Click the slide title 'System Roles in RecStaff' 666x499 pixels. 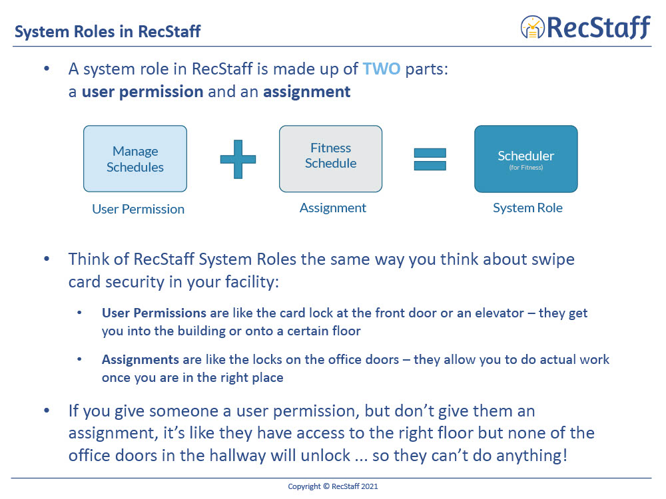tap(108, 31)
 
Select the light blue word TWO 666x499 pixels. tap(382, 69)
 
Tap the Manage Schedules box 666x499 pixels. tap(135, 159)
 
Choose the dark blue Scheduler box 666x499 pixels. tap(525, 159)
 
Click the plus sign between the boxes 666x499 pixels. tap(238, 160)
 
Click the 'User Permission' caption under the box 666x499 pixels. tap(138, 209)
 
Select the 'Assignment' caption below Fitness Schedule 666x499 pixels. tap(332, 208)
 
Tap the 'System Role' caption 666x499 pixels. tap(527, 208)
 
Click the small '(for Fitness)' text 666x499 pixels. tap(526, 168)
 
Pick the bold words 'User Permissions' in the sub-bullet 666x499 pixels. tap(154, 313)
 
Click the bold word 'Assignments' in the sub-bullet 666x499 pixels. tap(141, 360)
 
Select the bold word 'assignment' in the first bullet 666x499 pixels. tap(306, 92)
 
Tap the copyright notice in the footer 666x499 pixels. tap(332, 486)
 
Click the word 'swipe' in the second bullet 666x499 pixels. tap(553, 259)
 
